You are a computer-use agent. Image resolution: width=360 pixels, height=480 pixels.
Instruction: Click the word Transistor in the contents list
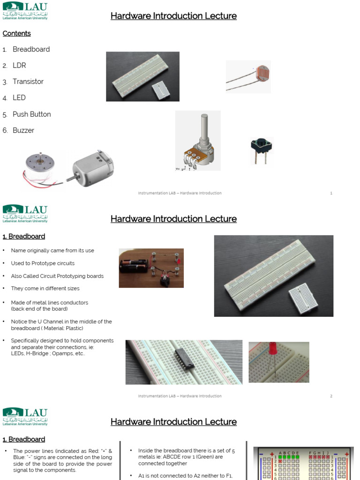28,82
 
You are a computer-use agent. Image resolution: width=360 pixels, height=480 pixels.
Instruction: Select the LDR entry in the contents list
19,66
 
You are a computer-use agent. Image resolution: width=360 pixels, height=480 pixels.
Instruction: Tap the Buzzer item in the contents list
23,130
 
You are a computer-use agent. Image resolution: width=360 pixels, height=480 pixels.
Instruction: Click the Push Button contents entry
31,114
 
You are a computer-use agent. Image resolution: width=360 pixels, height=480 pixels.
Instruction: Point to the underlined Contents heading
17,33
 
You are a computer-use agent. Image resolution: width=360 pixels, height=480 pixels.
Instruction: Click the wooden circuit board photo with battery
151,268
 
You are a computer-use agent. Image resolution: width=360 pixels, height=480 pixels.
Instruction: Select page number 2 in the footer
331,396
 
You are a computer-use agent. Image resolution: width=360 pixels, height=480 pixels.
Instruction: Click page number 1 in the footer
331,193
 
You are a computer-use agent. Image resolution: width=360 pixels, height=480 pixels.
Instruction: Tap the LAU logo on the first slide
25,10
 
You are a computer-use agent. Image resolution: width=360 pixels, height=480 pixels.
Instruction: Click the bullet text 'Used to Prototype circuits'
43,263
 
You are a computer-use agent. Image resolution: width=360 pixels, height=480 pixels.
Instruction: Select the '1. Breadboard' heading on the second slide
24,236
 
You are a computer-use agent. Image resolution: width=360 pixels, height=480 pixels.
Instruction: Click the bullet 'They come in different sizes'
45,289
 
